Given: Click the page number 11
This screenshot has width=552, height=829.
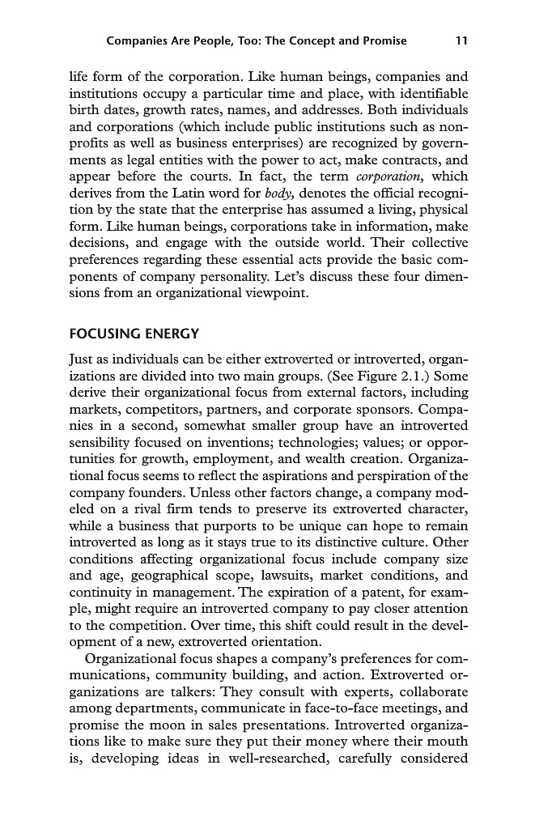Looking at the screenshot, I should click(461, 40).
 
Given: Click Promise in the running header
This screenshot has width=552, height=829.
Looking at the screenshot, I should click(379, 40).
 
